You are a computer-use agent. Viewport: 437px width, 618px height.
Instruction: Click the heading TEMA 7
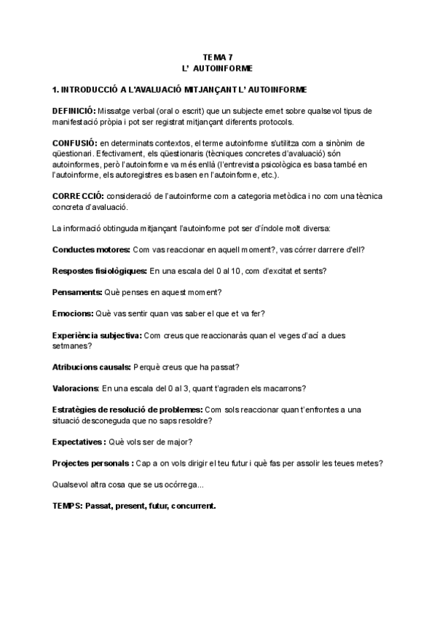click(218, 57)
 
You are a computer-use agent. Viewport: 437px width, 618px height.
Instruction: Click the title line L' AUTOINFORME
click(218, 68)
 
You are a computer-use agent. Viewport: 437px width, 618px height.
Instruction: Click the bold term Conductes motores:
click(92, 249)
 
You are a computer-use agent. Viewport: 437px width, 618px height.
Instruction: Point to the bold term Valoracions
click(76, 388)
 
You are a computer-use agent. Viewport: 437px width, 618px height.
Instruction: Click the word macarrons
click(283, 388)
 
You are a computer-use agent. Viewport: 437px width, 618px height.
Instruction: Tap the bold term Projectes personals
click(92, 463)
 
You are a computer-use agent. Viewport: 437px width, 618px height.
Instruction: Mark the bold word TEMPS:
click(67, 506)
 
